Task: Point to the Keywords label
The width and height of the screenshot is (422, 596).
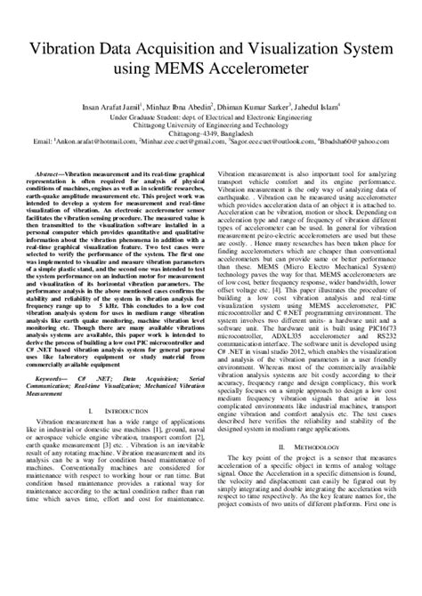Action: [72, 377]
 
